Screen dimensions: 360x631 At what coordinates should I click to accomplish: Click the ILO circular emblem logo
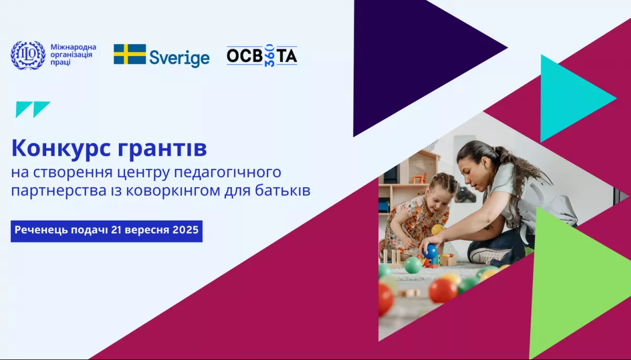coord(28,55)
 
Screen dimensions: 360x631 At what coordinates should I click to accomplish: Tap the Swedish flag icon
coord(130,54)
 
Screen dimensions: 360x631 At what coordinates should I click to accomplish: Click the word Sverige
coord(179,57)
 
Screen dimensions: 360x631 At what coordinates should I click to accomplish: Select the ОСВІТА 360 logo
coord(262,56)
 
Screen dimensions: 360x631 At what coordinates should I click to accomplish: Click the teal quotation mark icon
coord(33,109)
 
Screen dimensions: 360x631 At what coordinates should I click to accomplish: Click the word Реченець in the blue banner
coord(37,230)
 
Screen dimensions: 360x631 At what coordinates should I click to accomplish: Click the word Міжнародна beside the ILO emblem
coord(73,47)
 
